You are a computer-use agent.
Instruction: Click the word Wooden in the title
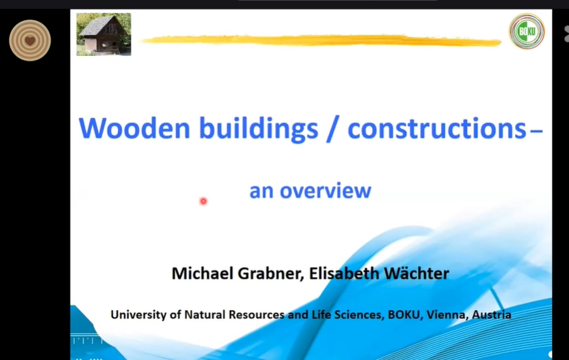[x=134, y=128]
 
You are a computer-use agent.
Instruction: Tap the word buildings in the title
[x=259, y=129]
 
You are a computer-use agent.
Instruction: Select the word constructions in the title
[x=437, y=128]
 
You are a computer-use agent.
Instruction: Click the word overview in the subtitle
[x=326, y=191]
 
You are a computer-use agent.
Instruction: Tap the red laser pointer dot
[x=203, y=201]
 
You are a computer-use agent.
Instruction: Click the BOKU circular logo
[x=527, y=31]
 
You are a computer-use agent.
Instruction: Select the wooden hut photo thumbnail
[x=104, y=34]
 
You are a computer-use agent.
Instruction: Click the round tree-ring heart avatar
[x=30, y=40]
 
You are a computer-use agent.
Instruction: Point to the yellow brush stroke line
[x=321, y=40]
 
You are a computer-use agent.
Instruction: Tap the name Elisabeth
[x=344, y=273]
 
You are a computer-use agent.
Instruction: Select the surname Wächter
[x=417, y=273]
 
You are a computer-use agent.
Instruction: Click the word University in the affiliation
[x=139, y=315]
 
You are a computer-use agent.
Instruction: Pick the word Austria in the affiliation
[x=491, y=315]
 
